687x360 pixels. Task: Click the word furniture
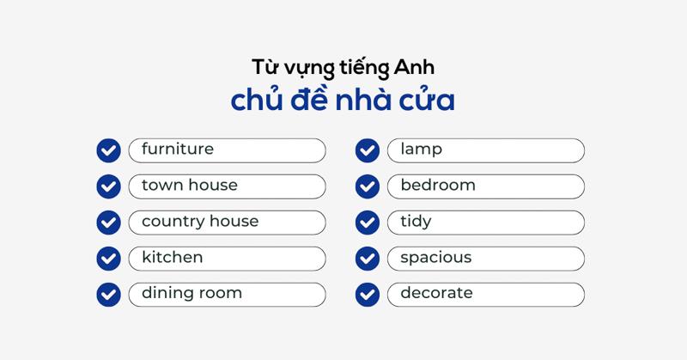[178, 149]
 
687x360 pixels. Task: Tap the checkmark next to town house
[108, 186]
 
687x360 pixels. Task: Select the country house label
[200, 222]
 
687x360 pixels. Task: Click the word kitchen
[173, 258]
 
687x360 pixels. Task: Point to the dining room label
[192, 294]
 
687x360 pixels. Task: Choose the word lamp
[421, 150]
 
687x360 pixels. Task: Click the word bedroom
[438, 186]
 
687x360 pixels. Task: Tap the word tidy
[416, 222]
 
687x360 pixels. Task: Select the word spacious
[435, 258]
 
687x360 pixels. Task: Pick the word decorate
[436, 294]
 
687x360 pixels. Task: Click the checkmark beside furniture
[108, 150]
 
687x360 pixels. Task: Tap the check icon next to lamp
[368, 150]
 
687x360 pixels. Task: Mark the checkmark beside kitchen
[108, 258]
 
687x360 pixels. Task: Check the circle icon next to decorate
[368, 294]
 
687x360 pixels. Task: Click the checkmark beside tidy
[368, 223]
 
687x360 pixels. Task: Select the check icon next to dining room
[108, 294]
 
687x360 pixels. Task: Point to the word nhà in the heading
[357, 100]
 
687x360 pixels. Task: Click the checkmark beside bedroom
[368, 186]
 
